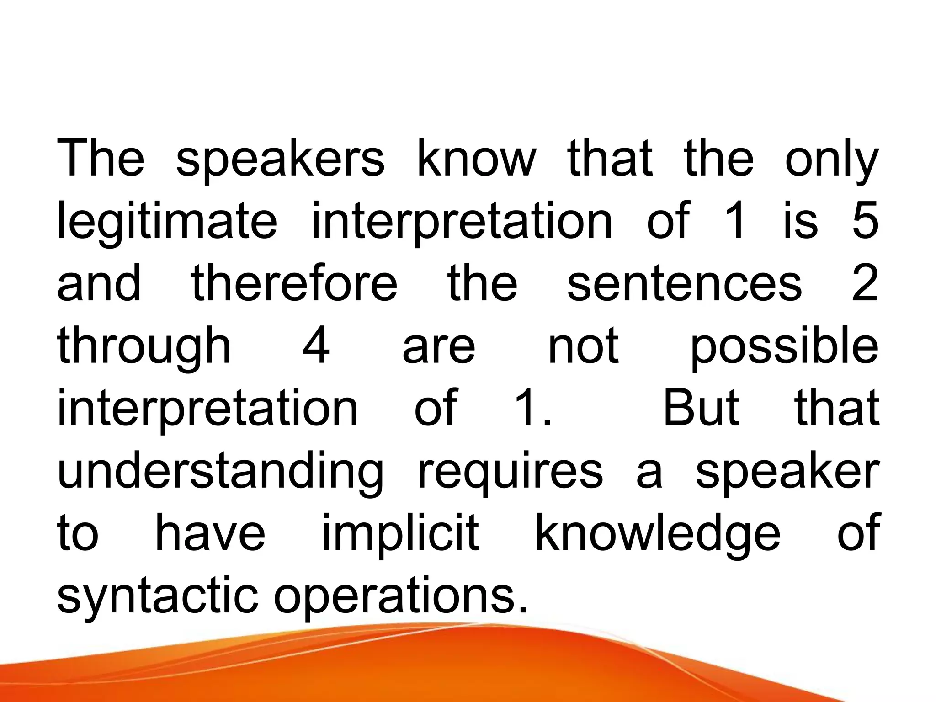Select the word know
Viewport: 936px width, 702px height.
[476, 158]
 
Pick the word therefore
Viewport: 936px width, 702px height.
[294, 283]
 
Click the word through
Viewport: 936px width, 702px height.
[144, 346]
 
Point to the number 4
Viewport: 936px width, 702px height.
[316, 346]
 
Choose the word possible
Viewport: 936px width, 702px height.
[784, 346]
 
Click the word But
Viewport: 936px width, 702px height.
[701, 408]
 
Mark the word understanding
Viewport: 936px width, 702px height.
[220, 471]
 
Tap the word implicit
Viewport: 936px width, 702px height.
[400, 534]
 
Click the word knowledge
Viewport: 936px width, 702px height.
[658, 534]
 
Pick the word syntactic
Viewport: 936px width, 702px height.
[158, 597]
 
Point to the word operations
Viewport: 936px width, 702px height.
[400, 597]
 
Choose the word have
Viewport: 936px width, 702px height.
[210, 533]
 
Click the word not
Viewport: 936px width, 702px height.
[583, 346]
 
